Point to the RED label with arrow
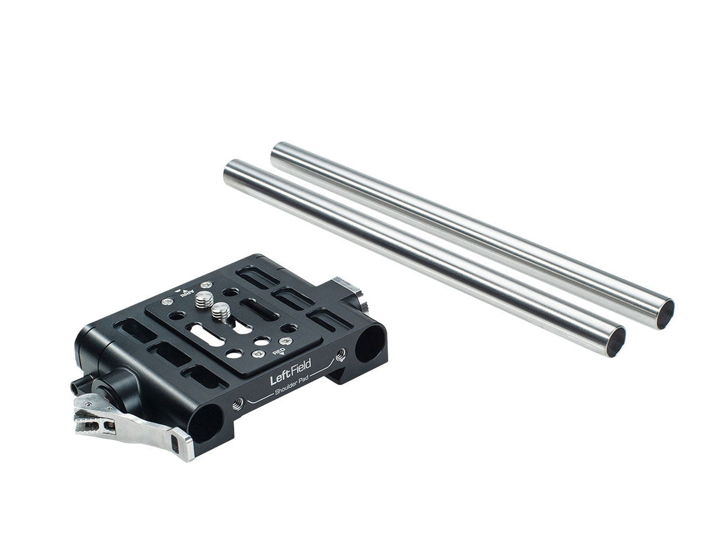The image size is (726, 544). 278,352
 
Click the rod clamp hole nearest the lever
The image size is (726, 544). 206,423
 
